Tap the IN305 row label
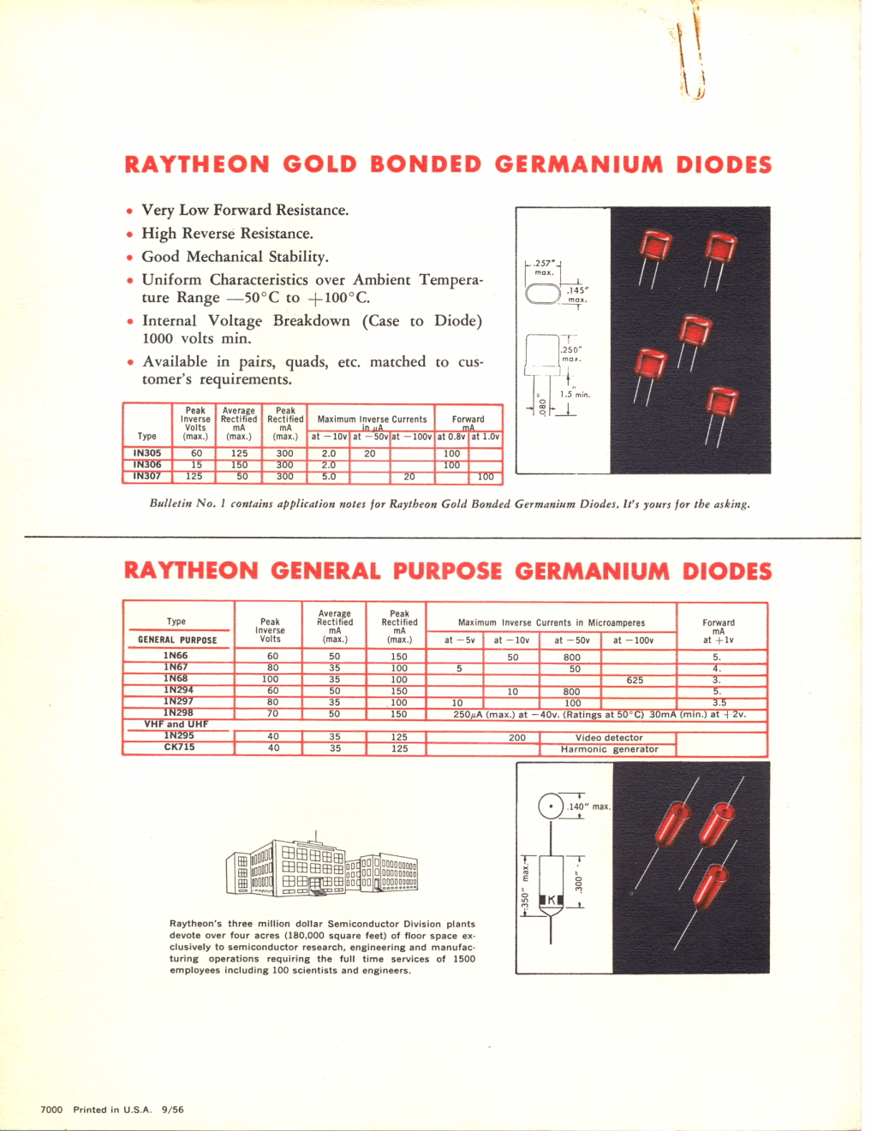pos(147,454)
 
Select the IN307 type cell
pos(147,476)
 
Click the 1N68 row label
pos(176,678)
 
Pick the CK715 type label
pos(179,747)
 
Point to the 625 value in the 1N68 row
pos(635,680)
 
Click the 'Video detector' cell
pos(609,737)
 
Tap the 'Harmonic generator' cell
pos(609,749)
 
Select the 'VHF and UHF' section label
pos(176,724)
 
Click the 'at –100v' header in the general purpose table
pos(633,640)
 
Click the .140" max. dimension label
pos(589,807)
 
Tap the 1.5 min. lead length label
pos(575,395)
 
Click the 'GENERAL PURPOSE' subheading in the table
pos(177,640)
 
